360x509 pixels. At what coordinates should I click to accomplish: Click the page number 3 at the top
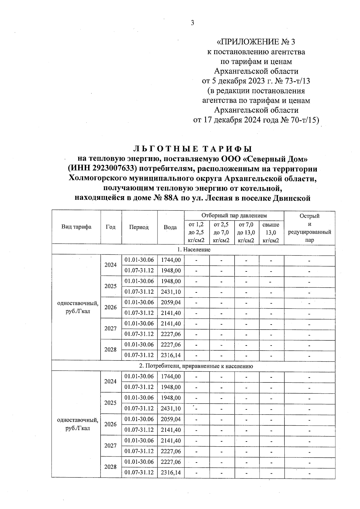[192, 23]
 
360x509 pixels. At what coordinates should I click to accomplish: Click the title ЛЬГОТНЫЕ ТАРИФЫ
[192, 149]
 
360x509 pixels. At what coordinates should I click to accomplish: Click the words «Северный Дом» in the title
[278, 159]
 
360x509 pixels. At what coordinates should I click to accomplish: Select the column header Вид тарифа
[76, 227]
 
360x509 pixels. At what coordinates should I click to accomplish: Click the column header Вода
[170, 227]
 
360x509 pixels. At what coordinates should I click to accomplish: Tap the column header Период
[139, 227]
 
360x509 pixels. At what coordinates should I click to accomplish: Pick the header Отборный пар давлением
[234, 216]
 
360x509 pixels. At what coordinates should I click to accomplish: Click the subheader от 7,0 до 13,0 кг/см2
[246, 232]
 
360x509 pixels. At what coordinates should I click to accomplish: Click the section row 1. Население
[193, 250]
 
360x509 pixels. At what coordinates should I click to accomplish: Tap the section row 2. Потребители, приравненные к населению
[196, 366]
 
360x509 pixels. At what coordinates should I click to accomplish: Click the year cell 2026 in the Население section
[110, 307]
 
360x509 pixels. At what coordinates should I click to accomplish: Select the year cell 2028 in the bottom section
[110, 467]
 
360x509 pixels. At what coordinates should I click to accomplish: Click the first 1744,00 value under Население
[171, 260]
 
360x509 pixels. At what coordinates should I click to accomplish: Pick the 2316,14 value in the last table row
[171, 472]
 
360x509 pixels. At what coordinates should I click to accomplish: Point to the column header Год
[111, 227]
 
